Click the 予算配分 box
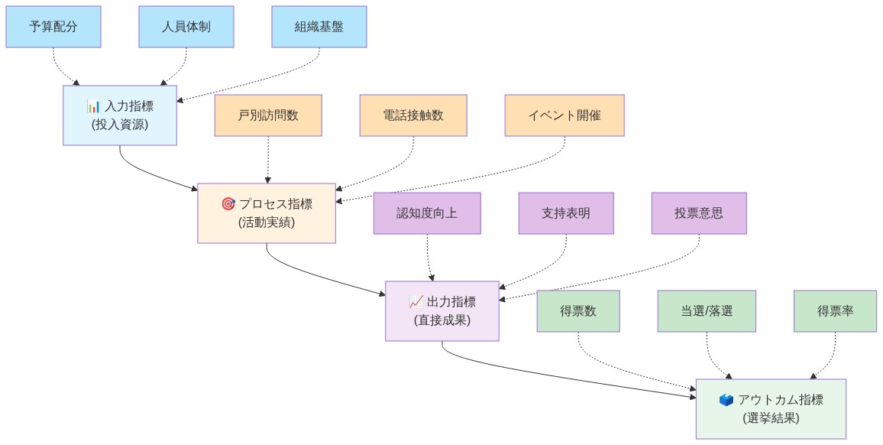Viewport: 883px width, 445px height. [x=53, y=27]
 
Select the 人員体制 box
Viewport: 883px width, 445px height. [x=186, y=27]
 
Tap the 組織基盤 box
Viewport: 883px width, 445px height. [x=319, y=27]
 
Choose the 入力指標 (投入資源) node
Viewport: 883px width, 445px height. [x=120, y=115]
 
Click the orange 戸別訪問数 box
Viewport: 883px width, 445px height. [x=268, y=115]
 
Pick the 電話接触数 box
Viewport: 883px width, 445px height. [x=413, y=115]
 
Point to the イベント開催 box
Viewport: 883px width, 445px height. [x=564, y=115]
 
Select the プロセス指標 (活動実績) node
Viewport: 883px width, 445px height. [x=267, y=213]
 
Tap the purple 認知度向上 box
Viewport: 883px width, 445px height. [x=427, y=213]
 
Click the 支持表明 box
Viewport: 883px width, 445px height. [x=566, y=213]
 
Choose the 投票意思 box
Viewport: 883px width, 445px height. [x=699, y=213]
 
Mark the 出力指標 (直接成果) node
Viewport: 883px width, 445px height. [x=442, y=310]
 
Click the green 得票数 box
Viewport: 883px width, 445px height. [x=578, y=311]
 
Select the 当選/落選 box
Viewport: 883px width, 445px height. [x=707, y=311]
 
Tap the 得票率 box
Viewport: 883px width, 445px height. [x=836, y=311]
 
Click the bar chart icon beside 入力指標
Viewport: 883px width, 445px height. [x=93, y=106]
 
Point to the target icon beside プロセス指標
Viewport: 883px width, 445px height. [x=228, y=204]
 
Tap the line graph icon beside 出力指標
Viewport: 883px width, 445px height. [x=416, y=302]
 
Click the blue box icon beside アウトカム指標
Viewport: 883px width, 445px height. [x=726, y=400]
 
